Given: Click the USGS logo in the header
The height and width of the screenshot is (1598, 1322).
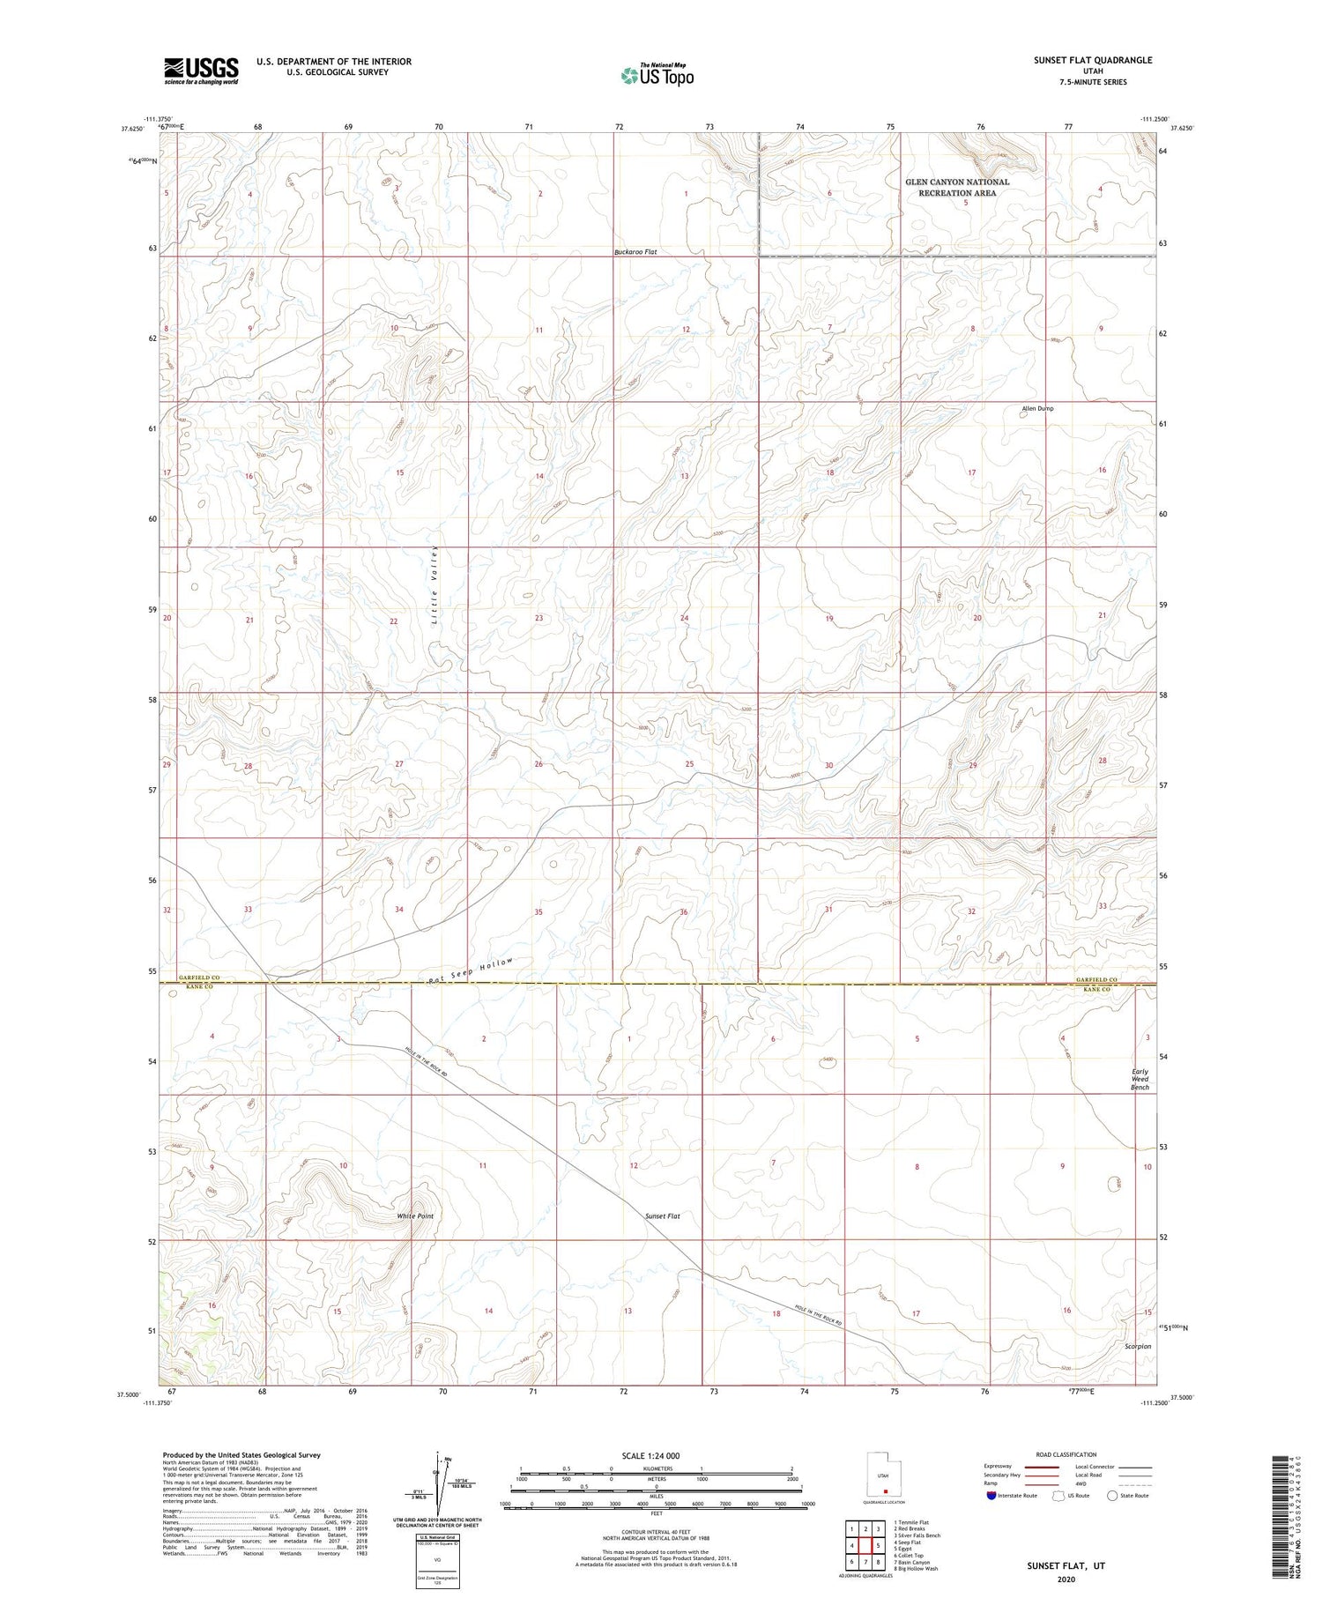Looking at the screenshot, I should coord(201,71).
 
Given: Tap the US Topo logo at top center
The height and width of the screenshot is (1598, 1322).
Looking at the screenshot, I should coord(657,76).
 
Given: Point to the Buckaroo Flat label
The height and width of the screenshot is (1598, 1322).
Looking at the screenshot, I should coord(635,252).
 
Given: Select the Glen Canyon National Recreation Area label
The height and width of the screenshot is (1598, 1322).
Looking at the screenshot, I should coord(957,188).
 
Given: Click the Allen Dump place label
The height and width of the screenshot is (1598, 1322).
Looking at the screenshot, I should coord(1037,409).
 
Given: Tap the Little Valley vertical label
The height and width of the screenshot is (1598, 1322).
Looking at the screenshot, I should coord(435,585).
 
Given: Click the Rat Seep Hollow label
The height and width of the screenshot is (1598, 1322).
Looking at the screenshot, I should coord(469,970).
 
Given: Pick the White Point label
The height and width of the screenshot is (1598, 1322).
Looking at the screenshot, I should coord(414,1216).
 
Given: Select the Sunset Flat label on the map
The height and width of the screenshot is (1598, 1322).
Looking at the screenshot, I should coord(662,1216).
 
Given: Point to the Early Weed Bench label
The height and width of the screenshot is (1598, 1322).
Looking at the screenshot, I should coord(1140,1080).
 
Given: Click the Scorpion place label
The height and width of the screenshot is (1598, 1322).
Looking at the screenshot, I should coord(1138,1347).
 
